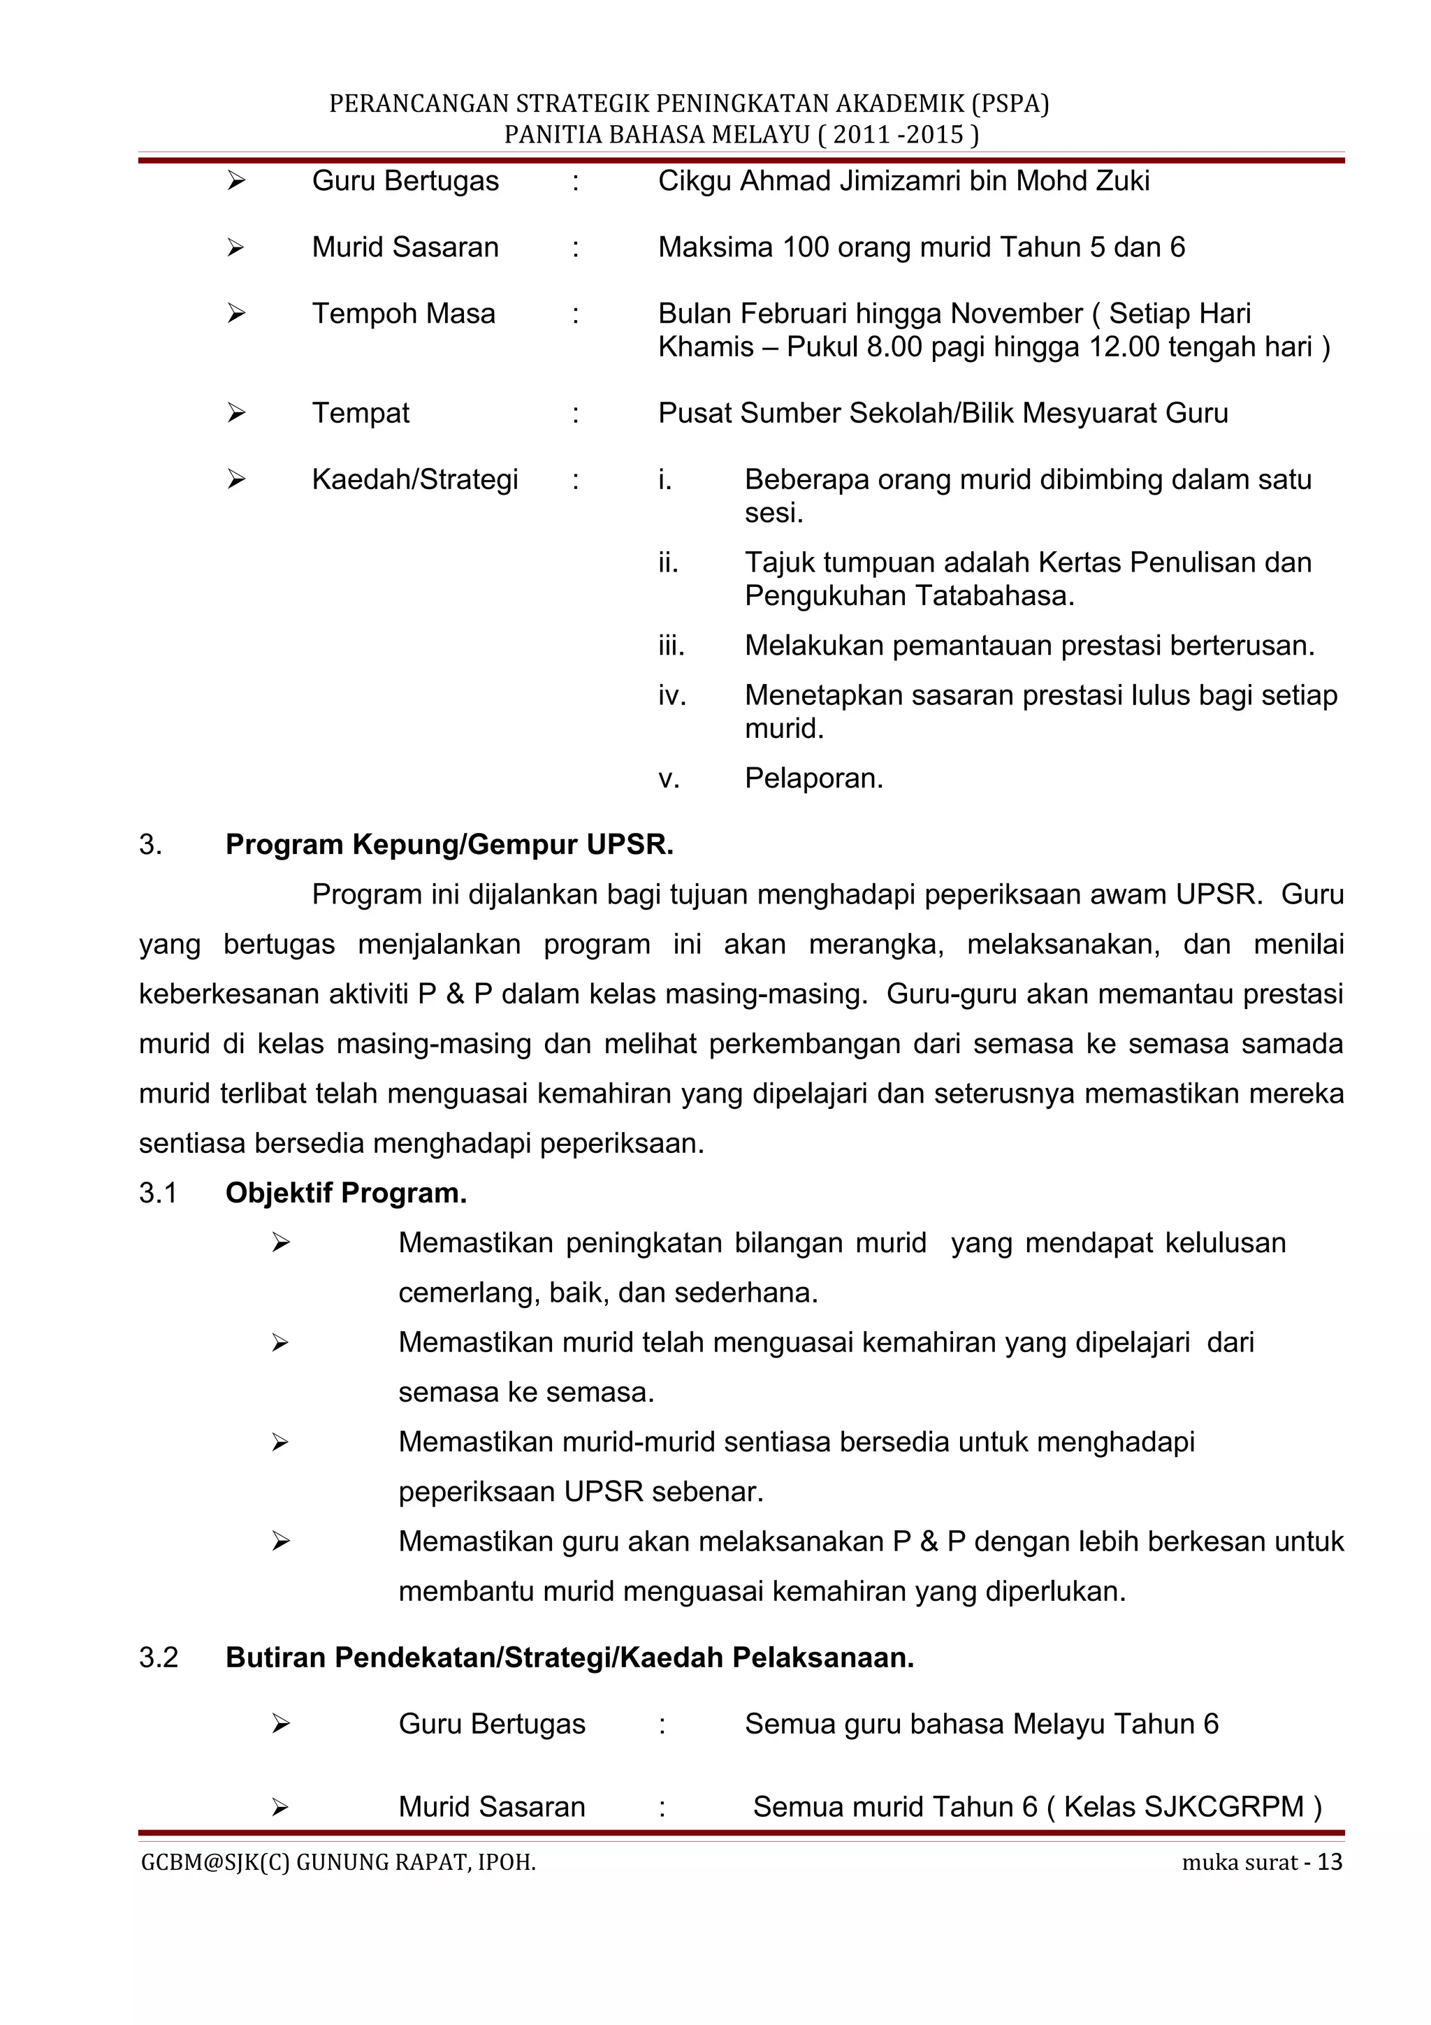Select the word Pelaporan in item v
click(x=813, y=779)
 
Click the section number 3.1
click(x=158, y=1193)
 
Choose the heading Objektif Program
click(x=346, y=1193)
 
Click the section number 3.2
click(x=158, y=1658)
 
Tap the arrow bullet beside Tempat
click(x=235, y=413)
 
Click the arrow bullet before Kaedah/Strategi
click(x=235, y=480)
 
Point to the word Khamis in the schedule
click(x=705, y=347)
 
